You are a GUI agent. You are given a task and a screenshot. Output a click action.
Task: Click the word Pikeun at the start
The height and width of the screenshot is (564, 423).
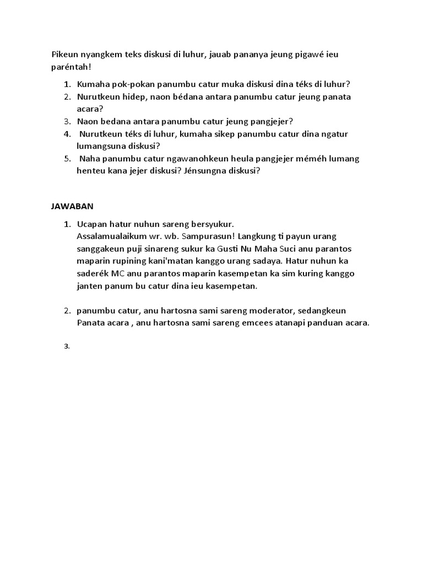click(x=64, y=55)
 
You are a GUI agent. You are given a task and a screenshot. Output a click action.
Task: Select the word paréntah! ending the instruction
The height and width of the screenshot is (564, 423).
click(x=70, y=67)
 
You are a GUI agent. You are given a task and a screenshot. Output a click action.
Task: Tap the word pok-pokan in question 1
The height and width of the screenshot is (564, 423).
click(x=133, y=84)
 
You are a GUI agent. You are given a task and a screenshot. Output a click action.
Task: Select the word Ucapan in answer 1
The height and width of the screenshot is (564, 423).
click(x=91, y=224)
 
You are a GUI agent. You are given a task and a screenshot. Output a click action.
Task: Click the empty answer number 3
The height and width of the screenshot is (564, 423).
click(x=67, y=346)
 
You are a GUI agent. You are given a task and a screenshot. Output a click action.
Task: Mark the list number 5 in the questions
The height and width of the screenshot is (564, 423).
click(x=67, y=159)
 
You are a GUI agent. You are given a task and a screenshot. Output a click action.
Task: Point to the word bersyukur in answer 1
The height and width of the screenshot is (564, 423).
click(x=211, y=224)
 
